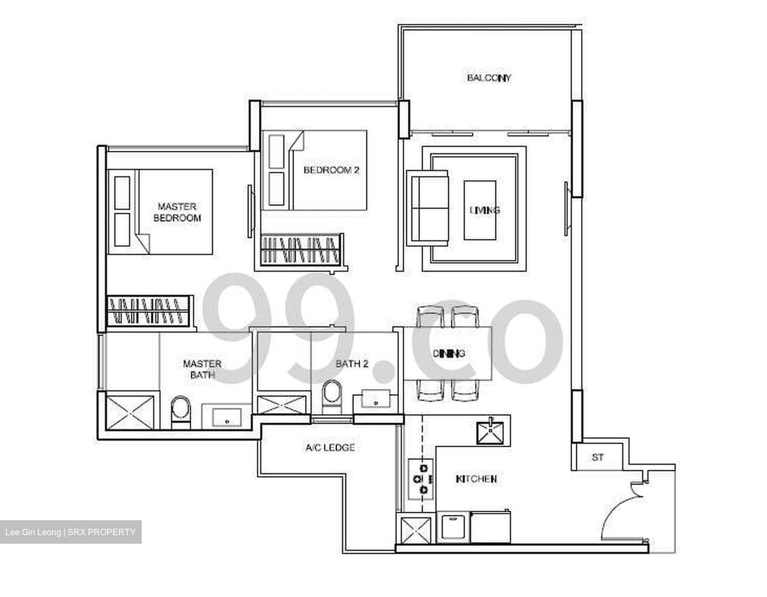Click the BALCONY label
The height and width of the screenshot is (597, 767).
point(489,78)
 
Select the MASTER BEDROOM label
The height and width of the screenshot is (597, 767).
point(177,212)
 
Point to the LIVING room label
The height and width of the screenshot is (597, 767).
point(485,210)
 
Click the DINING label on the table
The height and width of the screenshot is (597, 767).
point(448,353)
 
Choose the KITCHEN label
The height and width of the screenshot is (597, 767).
point(476,479)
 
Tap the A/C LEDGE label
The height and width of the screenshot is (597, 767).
point(330,448)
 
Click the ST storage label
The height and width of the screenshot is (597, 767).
point(598,457)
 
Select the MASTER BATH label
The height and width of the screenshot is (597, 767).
point(202,369)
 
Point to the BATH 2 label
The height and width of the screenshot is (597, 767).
point(352,364)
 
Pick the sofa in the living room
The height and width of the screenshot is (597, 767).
point(427,208)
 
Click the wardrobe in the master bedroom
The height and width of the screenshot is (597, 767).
point(149,311)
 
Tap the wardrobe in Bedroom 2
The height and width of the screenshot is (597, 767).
point(301,249)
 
